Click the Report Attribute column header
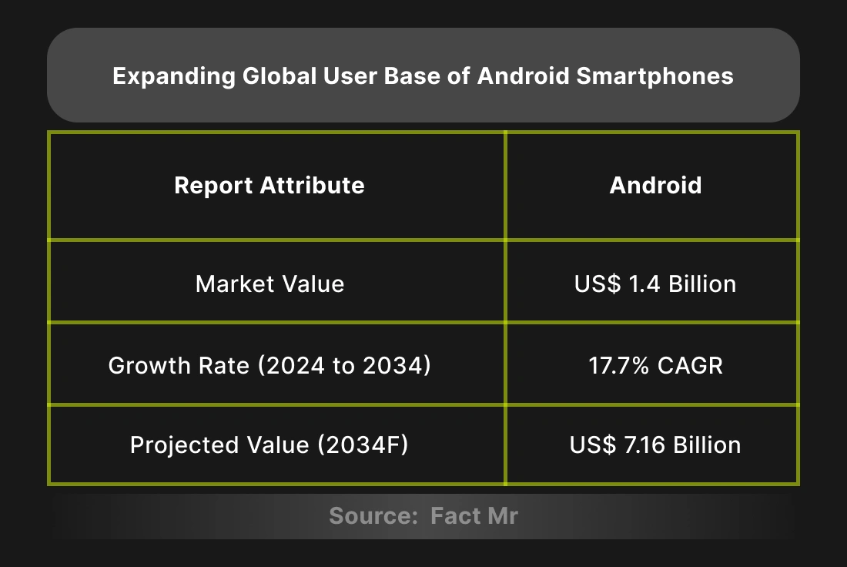[x=269, y=186]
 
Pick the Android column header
[x=655, y=186]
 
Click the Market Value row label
[x=269, y=283]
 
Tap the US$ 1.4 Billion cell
[x=655, y=283]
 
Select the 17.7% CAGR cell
[x=655, y=364]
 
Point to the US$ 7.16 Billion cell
[x=655, y=445]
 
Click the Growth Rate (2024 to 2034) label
[x=269, y=364]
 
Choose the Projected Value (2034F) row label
[x=269, y=445]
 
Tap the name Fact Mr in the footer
[x=474, y=515]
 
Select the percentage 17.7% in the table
[x=618, y=364]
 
